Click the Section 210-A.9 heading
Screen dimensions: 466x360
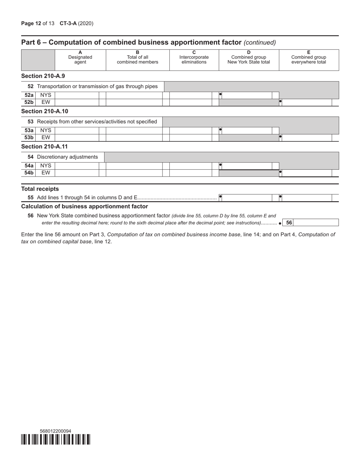pos(43,76)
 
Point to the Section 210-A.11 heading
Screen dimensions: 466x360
pos(44,147)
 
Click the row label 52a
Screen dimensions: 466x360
pos(29,95)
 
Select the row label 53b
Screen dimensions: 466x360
pos(29,138)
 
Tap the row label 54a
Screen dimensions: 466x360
pos(29,166)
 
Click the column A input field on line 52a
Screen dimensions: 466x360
pos(77,95)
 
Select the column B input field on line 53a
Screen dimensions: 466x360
pos(134,130)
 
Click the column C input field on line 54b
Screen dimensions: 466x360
pos(191,173)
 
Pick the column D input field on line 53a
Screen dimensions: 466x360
pos(246,130)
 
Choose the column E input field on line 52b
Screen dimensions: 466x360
pos(307,102)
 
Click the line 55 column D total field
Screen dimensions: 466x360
pos(246,198)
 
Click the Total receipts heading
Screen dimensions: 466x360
pos(40,189)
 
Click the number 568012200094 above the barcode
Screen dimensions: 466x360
pos(55,431)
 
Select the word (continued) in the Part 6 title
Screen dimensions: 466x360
pos(260,42)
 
